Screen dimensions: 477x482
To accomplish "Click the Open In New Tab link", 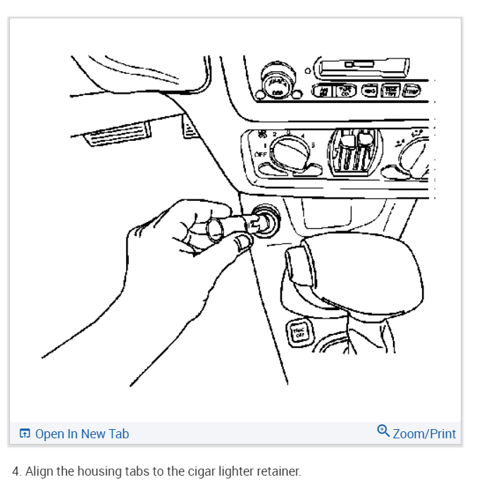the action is pyautogui.click(x=82, y=434).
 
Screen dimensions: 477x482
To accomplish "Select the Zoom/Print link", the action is pyautogui.click(x=424, y=434).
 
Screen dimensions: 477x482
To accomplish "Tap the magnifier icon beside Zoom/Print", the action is pyautogui.click(x=383, y=431).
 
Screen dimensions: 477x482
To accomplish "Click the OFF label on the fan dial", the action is pyautogui.click(x=261, y=154).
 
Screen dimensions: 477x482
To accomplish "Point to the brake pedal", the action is pyautogui.click(x=118, y=134).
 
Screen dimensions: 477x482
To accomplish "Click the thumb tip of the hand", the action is pyautogui.click(x=244, y=244).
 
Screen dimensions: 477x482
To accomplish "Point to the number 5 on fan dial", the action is pyautogui.click(x=313, y=145).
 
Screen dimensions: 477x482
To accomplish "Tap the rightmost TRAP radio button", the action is pyautogui.click(x=409, y=90).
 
